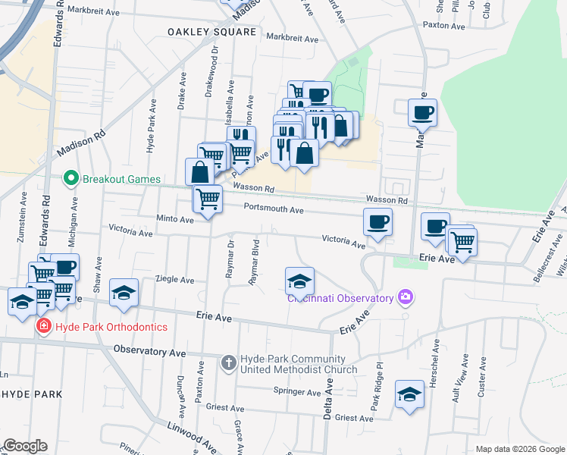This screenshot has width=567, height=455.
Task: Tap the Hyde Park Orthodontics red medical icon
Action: tap(44, 326)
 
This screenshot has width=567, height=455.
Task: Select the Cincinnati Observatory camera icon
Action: tap(406, 297)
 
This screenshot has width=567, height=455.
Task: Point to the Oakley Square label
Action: tap(211, 32)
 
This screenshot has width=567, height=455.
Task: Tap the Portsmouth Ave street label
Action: tap(274, 209)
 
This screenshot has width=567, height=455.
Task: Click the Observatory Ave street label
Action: tap(149, 352)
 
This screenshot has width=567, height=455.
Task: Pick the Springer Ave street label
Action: tap(298, 392)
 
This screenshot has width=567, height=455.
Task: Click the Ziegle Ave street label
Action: tap(174, 279)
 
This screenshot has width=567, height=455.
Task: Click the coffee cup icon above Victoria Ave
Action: tap(377, 222)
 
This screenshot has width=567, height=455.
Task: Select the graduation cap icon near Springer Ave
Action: tap(409, 394)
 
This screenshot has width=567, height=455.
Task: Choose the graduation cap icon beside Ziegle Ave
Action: tap(124, 293)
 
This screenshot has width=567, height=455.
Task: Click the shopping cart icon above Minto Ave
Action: tap(208, 199)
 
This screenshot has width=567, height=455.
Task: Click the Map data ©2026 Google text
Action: tap(519, 449)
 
